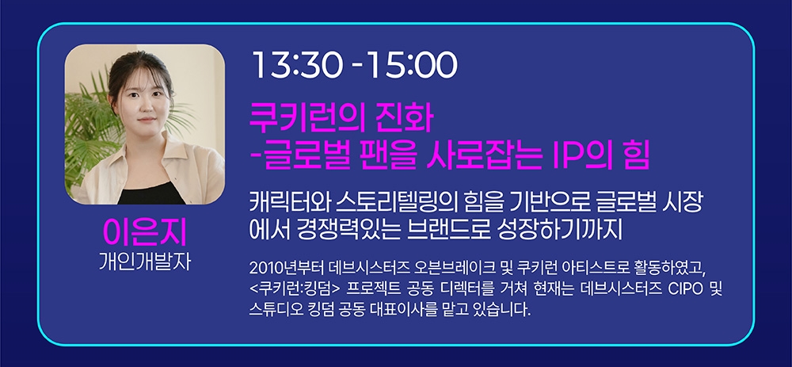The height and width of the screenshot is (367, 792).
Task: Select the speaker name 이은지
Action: (143, 231)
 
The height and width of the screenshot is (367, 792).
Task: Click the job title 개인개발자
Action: (143, 259)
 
